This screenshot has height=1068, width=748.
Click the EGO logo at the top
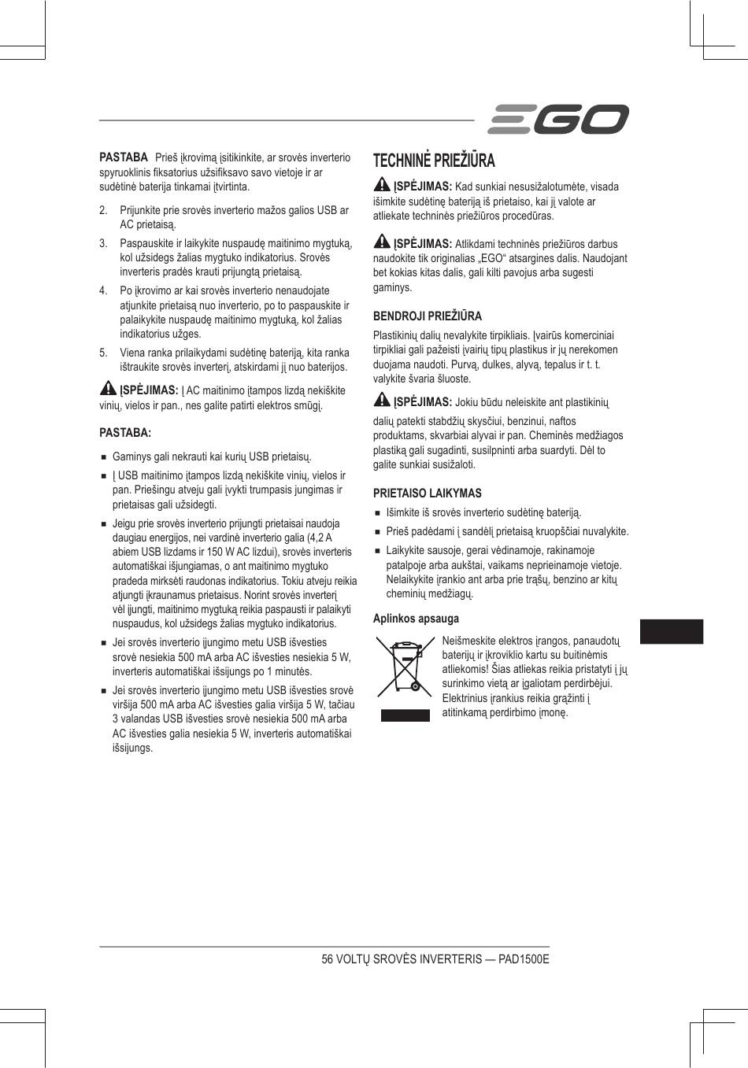(558, 120)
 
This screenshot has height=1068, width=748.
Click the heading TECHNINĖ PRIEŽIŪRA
(434, 161)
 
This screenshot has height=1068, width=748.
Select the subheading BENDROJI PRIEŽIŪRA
(427, 316)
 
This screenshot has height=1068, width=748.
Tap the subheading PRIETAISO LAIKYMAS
(427, 493)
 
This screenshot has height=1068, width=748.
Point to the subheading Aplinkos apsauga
(416, 619)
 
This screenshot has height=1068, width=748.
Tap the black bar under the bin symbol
(405, 715)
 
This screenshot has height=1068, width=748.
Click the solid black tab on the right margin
(671, 631)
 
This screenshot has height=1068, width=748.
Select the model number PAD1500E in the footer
(524, 959)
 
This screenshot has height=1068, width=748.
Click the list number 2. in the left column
(103, 211)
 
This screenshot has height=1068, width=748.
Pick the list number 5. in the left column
(103, 353)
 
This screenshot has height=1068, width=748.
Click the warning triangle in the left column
(108, 389)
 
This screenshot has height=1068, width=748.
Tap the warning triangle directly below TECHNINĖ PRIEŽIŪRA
(382, 186)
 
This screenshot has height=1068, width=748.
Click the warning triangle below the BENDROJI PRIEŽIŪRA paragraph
(382, 401)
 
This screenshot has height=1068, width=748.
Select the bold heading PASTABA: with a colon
(124, 432)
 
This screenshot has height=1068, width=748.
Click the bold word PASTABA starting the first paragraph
(124, 157)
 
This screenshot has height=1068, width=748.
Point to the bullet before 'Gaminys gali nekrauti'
(103, 457)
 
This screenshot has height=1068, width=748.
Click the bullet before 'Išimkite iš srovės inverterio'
(377, 513)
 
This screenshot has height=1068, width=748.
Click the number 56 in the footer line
(328, 959)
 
